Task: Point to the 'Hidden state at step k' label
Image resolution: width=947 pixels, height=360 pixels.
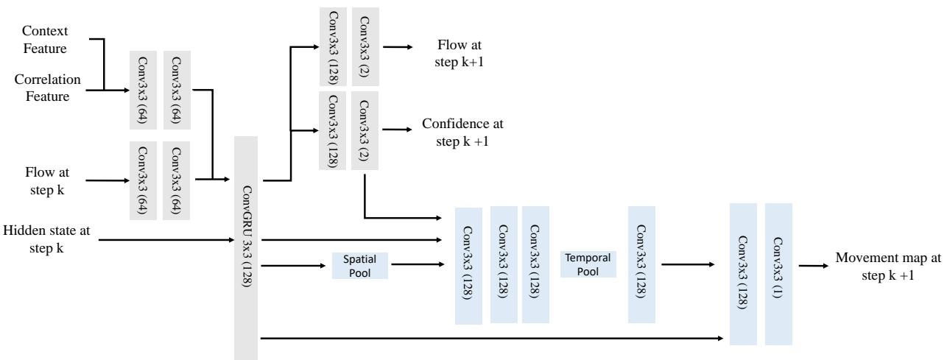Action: [47, 239]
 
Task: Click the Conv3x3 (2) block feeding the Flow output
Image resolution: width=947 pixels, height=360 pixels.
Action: [365, 46]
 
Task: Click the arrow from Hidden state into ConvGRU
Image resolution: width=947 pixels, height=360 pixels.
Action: [166, 239]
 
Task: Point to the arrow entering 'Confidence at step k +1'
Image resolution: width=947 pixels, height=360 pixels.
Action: [398, 130]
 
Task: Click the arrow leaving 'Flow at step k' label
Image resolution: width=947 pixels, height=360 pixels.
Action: [103, 179]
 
